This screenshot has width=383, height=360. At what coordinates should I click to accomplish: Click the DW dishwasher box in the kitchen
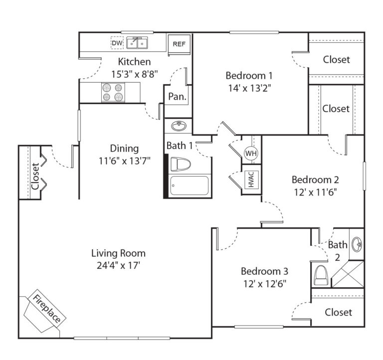point(117,44)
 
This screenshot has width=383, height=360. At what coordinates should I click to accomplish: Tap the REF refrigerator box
point(179,44)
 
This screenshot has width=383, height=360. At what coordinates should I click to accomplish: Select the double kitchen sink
point(138,44)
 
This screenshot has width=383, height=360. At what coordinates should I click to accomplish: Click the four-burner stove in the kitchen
point(112,92)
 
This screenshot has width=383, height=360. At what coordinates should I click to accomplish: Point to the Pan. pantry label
point(177,96)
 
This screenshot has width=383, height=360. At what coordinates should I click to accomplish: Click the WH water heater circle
point(251,154)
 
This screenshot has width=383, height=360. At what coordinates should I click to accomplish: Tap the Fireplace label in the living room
point(46,310)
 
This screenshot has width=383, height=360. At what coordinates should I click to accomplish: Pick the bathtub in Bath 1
point(190,186)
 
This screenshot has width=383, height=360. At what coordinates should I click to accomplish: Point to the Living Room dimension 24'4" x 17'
point(119,265)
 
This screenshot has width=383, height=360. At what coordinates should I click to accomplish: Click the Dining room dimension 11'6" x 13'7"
point(124,161)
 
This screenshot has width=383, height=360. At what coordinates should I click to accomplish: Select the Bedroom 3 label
point(264,271)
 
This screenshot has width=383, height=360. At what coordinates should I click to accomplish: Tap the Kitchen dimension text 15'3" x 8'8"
point(134,74)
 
